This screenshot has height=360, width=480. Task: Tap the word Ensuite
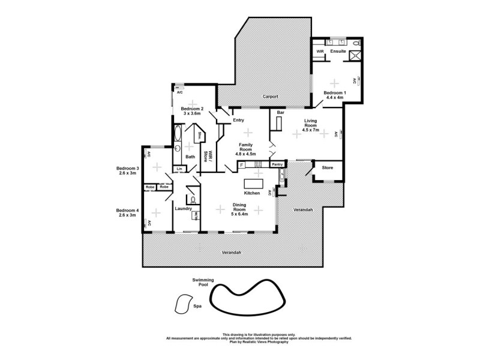(x=338, y=52)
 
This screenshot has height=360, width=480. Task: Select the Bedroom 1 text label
(x=335, y=93)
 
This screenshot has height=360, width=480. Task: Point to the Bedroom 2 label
(x=193, y=109)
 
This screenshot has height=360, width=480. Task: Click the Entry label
(x=238, y=121)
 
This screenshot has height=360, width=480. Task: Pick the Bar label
(x=280, y=112)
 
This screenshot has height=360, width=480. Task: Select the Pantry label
(x=277, y=164)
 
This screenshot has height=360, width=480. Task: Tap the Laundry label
(x=183, y=209)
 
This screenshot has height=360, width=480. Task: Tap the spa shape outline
(x=181, y=304)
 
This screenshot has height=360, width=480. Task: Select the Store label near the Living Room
(x=328, y=167)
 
